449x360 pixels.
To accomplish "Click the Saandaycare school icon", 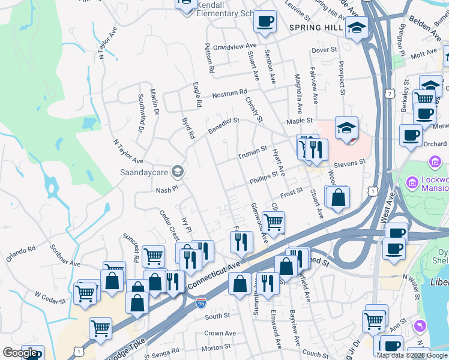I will [x=177, y=172].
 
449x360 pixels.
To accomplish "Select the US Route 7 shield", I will [x=390, y=94].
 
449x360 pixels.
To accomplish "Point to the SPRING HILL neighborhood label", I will [x=316, y=28].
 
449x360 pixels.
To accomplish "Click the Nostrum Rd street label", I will [x=230, y=93].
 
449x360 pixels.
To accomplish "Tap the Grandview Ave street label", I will [x=238, y=46].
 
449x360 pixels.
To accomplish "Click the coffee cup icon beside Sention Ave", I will [x=265, y=22].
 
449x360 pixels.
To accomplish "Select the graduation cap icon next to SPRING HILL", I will [x=357, y=28].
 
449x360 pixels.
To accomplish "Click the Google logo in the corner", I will [x=20, y=353].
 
